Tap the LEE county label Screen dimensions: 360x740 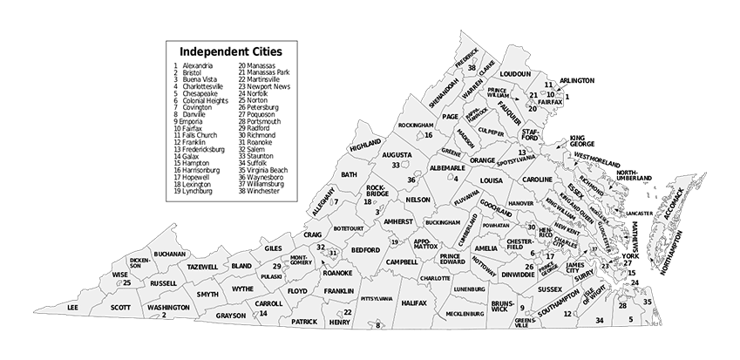(72, 308)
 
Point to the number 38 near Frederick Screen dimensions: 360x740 (472, 67)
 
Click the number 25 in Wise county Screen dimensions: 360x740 (127, 282)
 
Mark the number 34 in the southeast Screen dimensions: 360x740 (599, 321)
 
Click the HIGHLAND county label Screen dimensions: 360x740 (365, 147)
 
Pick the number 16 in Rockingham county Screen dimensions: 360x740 (429, 135)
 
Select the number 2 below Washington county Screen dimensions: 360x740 (163, 315)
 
